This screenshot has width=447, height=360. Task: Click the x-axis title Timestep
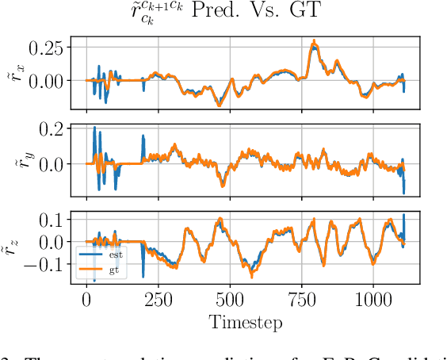245,323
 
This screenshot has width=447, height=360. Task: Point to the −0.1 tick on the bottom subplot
45,264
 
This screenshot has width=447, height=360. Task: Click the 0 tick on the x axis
86,301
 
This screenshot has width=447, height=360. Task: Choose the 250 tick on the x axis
159,301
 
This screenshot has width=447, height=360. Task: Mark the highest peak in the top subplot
314,42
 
